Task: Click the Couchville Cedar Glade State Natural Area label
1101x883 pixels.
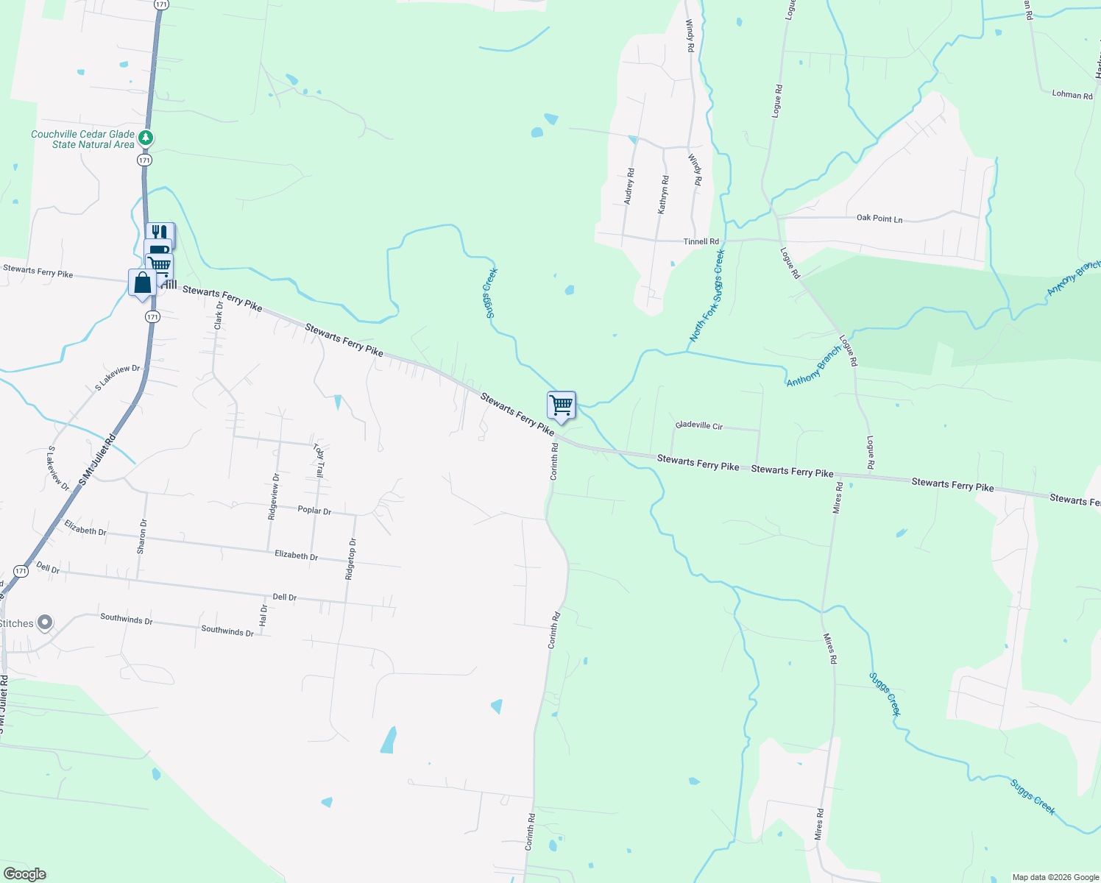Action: click(x=82, y=139)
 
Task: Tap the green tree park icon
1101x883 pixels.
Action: click(x=146, y=138)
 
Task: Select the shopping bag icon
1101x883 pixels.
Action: click(x=142, y=283)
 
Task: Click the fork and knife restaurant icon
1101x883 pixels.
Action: click(x=160, y=233)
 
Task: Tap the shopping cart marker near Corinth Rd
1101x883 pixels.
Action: click(x=562, y=405)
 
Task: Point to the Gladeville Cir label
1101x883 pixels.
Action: click(x=699, y=425)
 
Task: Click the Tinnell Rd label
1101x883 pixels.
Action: click(x=701, y=241)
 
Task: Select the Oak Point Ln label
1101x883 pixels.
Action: click(x=879, y=219)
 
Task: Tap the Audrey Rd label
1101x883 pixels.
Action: click(x=629, y=186)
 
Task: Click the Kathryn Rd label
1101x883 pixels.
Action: click(x=663, y=194)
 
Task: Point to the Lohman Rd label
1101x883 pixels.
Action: click(x=1072, y=94)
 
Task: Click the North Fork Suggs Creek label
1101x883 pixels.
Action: click(x=707, y=295)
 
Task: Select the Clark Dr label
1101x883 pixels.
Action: click(x=219, y=315)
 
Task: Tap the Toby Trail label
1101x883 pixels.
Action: click(x=319, y=461)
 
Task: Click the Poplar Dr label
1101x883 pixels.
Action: click(x=314, y=510)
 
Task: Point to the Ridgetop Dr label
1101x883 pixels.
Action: click(x=351, y=559)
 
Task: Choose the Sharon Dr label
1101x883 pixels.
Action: click(x=142, y=536)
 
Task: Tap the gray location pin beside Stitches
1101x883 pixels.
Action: click(x=45, y=623)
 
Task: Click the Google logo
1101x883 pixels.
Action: click(x=24, y=874)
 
